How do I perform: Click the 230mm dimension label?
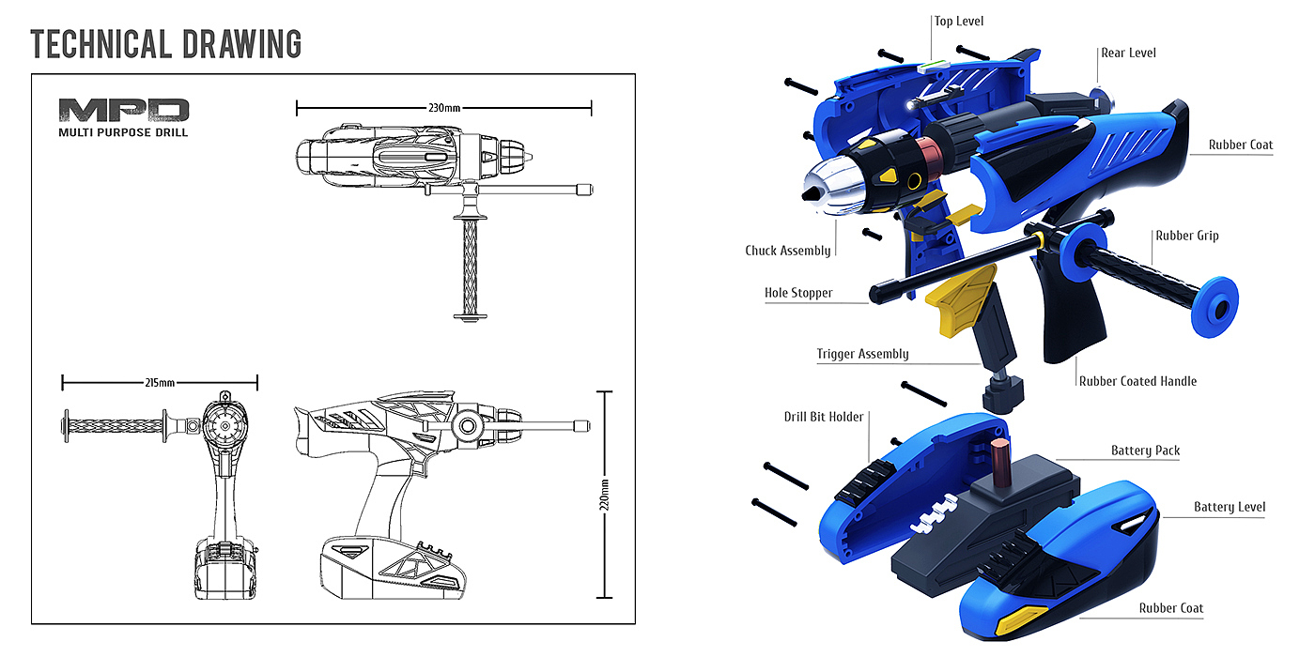click(x=444, y=108)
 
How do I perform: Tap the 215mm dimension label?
click(x=160, y=383)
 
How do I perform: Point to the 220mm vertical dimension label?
click(x=604, y=495)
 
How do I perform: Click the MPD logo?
click(x=123, y=111)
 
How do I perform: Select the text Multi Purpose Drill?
click(x=123, y=132)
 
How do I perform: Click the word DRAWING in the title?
click(x=242, y=44)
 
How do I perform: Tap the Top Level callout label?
click(x=959, y=21)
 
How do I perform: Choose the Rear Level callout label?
click(x=1128, y=53)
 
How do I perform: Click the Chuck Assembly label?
click(x=788, y=251)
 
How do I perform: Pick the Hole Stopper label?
click(x=798, y=293)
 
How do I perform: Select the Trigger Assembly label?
click(x=862, y=354)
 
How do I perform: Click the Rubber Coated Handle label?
click(x=1137, y=381)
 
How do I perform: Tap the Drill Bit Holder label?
click(x=824, y=417)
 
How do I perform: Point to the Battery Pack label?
click(x=1145, y=451)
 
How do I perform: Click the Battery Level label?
click(x=1230, y=507)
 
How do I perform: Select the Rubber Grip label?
click(x=1187, y=236)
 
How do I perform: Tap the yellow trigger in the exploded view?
click(x=960, y=299)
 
